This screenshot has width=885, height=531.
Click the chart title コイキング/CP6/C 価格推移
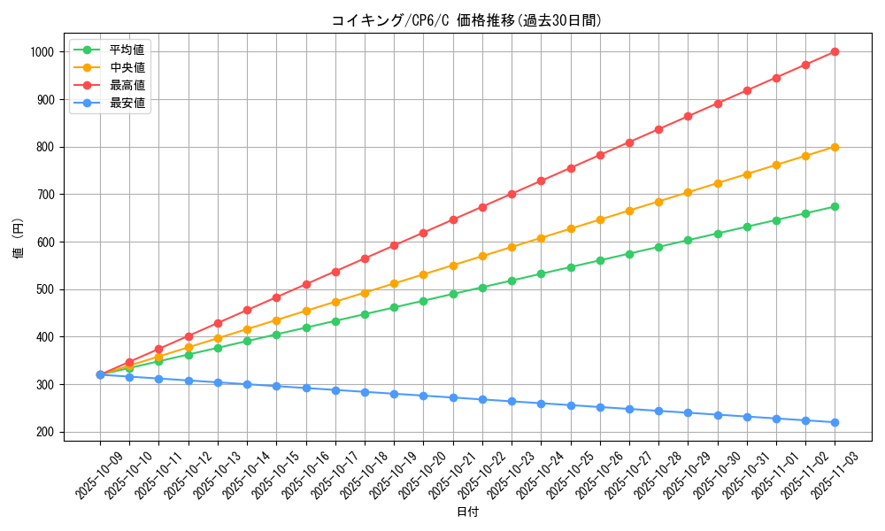point(466,20)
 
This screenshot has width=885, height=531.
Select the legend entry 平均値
point(127,50)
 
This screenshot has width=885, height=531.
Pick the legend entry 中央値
point(127,67)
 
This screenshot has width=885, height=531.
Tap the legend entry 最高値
point(127,85)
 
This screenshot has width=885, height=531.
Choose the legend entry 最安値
point(127,103)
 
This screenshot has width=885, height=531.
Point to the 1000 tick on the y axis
point(41,52)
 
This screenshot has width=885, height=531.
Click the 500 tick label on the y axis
point(44,289)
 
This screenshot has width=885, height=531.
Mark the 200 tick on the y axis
point(44,432)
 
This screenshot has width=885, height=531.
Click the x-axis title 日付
point(467,512)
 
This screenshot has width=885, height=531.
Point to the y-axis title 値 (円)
point(18,238)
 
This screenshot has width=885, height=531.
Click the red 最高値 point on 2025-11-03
point(835,52)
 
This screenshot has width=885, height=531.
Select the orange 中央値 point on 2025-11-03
point(835,147)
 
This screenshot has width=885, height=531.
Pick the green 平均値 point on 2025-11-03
point(835,206)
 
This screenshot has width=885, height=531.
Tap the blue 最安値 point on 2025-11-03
point(835,422)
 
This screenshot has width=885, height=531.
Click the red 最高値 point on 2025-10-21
point(453,219)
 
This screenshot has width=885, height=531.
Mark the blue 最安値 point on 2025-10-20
point(423,396)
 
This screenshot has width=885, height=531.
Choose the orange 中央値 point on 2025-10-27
point(629,211)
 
